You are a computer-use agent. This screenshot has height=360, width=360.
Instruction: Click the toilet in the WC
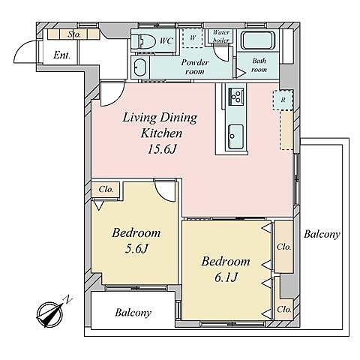[140, 40]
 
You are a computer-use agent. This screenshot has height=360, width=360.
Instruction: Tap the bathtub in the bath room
[258, 40]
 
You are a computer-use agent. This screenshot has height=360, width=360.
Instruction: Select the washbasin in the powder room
[139, 67]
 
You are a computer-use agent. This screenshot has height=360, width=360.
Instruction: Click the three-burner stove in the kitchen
[235, 97]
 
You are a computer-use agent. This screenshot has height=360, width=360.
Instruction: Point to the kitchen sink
[235, 136]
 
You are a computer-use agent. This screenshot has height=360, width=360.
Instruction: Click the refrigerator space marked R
[283, 100]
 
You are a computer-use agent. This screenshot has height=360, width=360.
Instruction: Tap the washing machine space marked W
[193, 38]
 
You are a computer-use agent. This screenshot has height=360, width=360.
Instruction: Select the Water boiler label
[220, 36]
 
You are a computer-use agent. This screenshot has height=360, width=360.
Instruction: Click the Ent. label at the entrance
[61, 55]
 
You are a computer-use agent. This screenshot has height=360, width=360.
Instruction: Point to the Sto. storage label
[74, 34]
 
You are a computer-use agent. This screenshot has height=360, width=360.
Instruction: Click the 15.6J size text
[162, 149]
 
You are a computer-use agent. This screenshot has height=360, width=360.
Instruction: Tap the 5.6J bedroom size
[136, 248]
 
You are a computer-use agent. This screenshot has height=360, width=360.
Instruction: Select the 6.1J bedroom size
[226, 277]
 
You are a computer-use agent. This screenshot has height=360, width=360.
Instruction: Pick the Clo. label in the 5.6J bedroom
[106, 189]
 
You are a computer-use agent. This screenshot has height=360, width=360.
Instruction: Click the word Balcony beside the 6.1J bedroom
[322, 235]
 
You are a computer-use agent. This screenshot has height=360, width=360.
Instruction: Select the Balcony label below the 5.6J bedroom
[133, 313]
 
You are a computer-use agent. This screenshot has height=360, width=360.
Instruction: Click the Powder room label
[195, 67]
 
